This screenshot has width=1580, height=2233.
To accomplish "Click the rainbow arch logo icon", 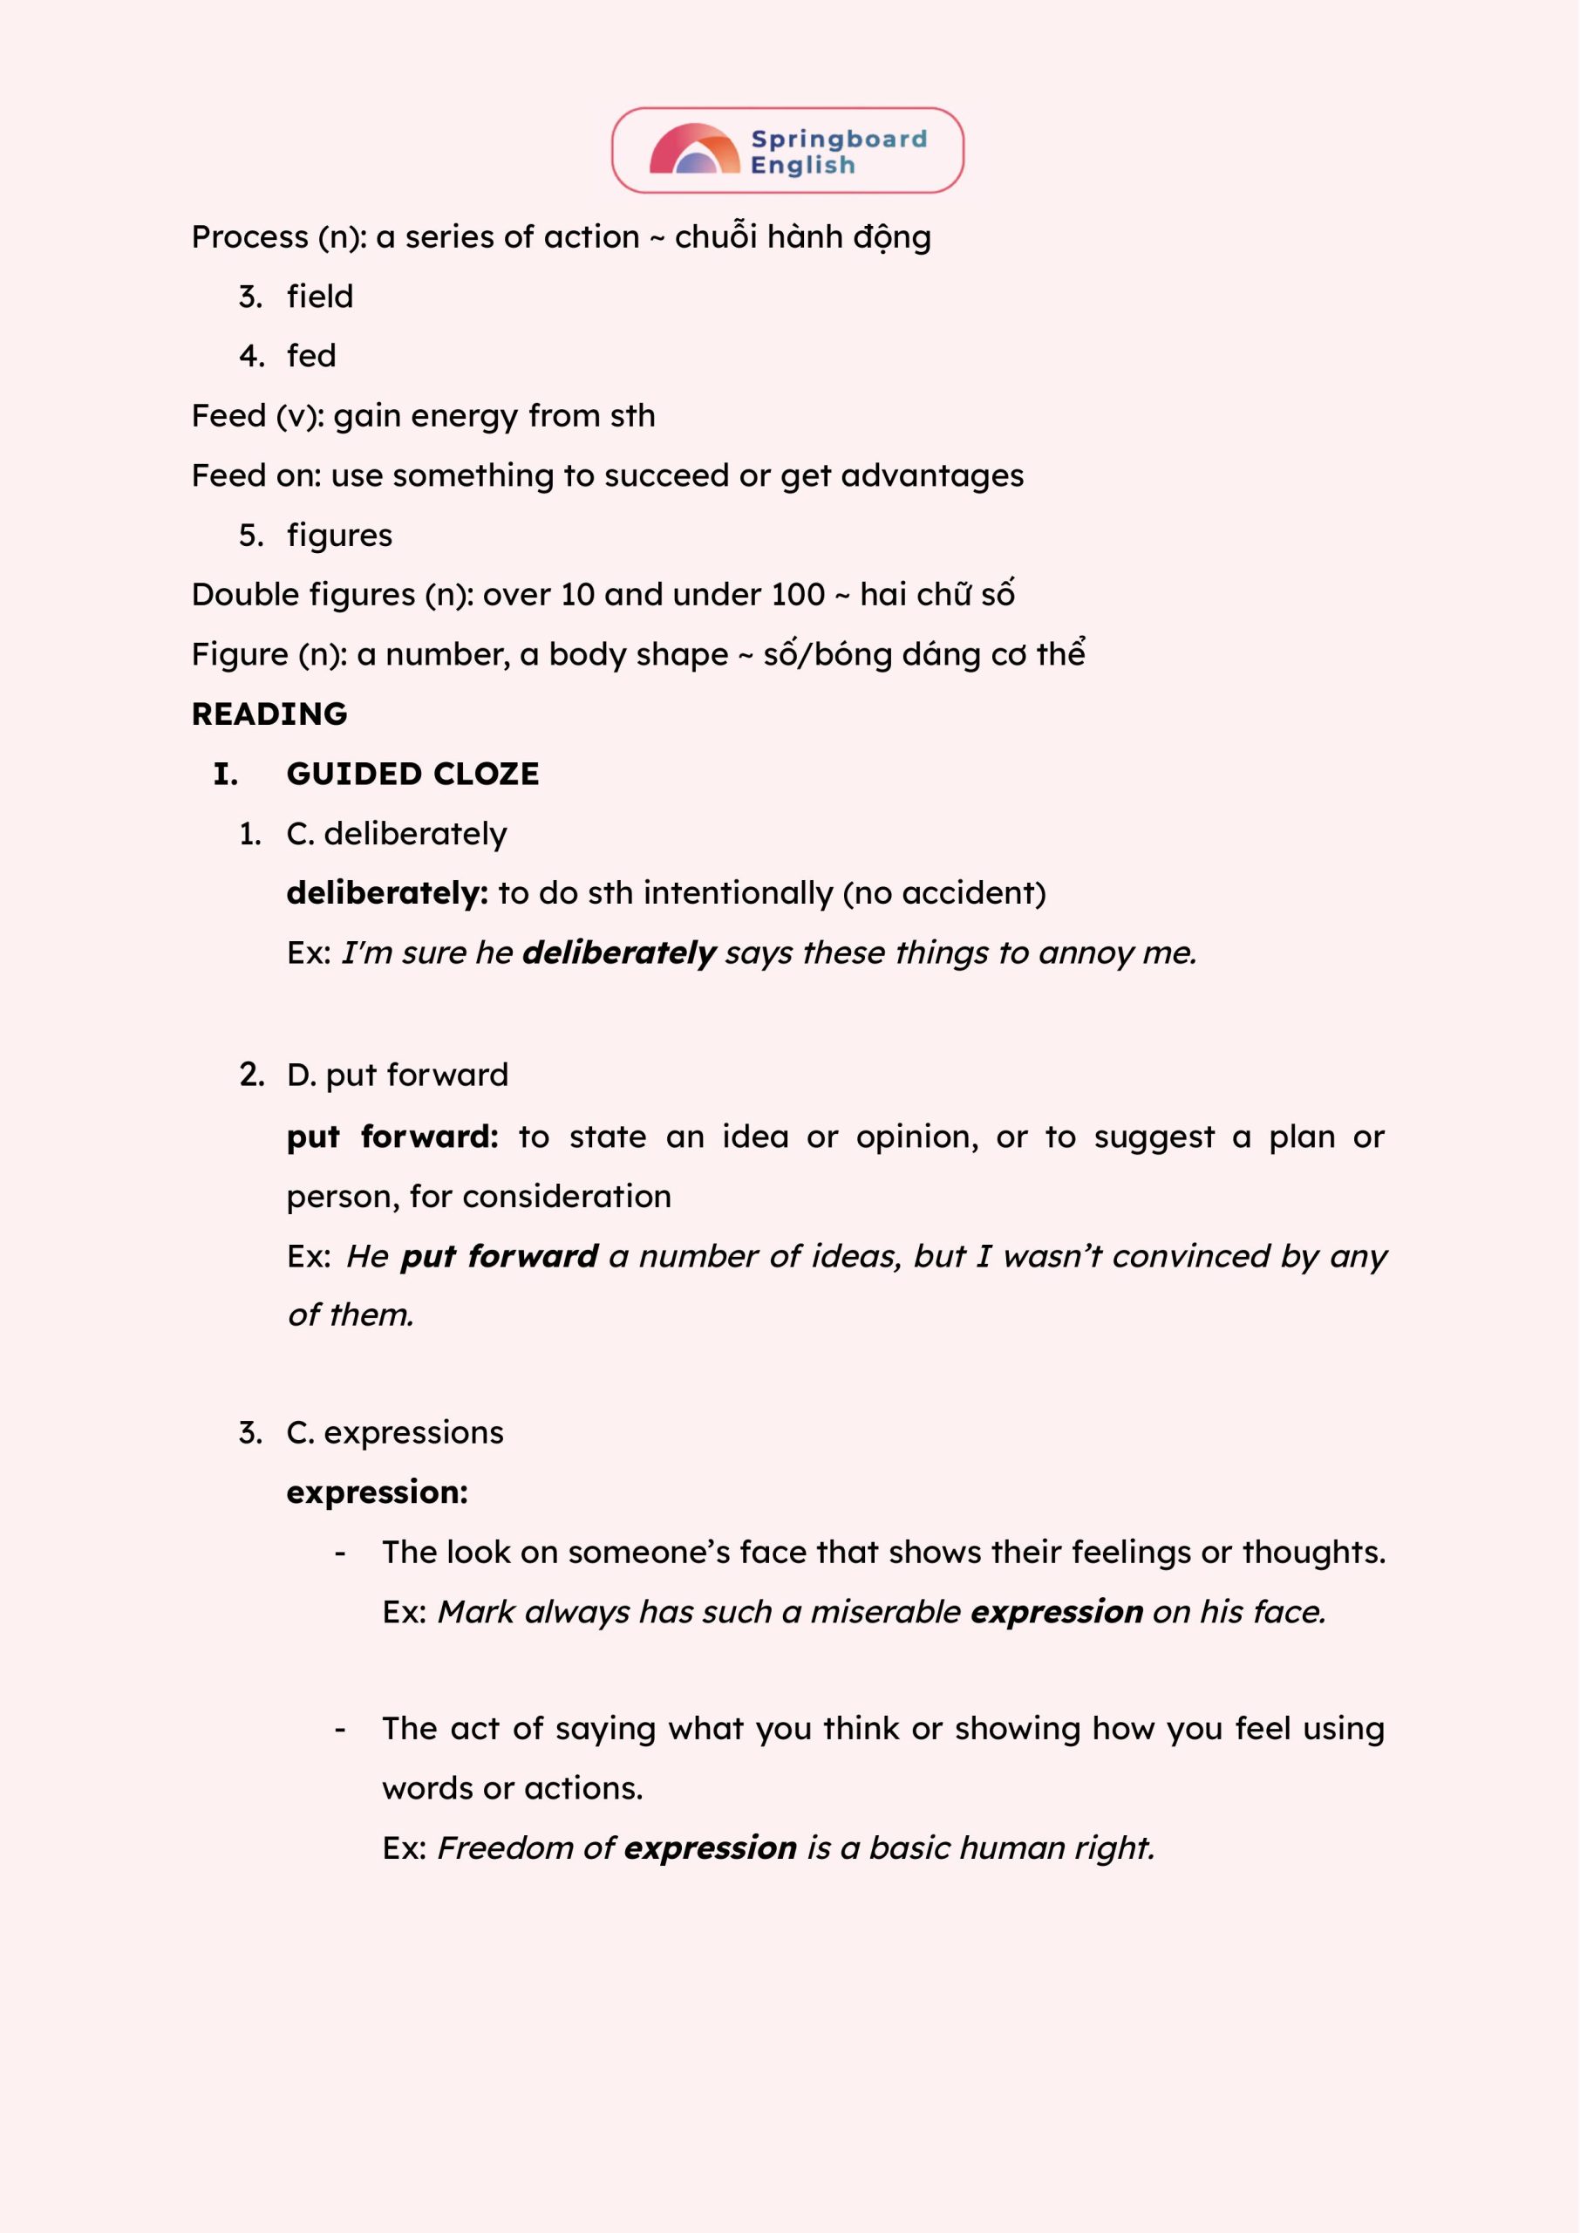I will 695,150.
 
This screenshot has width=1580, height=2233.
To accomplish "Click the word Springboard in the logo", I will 839,140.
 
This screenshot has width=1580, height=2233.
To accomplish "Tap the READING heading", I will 269,714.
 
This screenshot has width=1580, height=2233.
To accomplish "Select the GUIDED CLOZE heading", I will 412,775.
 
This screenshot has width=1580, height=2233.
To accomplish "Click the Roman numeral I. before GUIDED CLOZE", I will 226,775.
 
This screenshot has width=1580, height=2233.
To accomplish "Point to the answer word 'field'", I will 320,297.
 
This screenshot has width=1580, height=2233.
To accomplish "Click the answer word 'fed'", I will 311,356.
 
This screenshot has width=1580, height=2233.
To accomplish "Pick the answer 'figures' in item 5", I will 339,536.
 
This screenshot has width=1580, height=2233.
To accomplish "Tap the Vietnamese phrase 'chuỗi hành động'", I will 803,237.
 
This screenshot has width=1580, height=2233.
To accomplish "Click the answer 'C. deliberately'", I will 397,834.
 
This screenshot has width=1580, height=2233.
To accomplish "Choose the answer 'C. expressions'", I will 395,1433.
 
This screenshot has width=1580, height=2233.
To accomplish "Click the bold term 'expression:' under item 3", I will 377,1492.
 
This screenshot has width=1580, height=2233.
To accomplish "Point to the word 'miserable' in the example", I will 885,1612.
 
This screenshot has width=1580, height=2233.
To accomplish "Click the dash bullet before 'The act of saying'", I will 339,1730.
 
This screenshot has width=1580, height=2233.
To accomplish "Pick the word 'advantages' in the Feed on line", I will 931,475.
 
